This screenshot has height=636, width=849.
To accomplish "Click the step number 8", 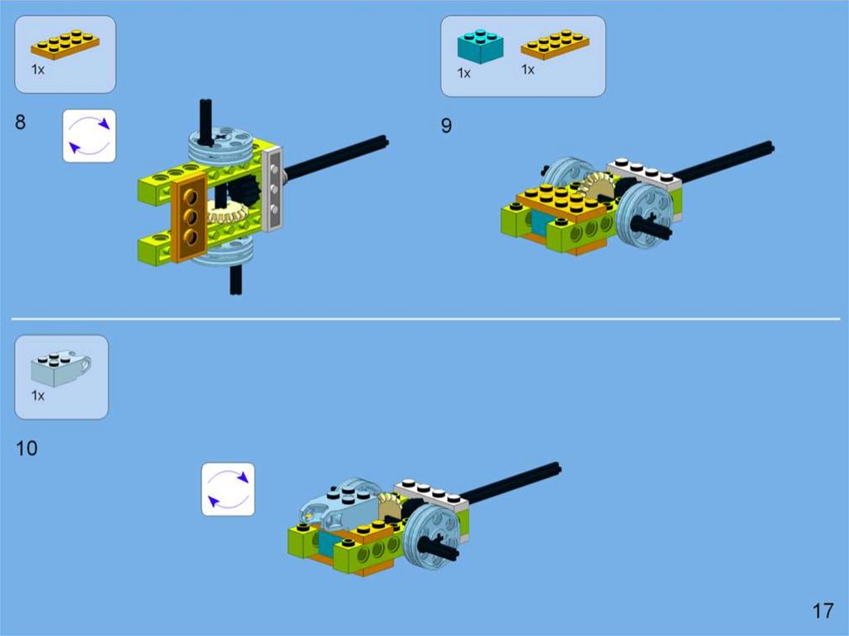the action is tap(20, 122).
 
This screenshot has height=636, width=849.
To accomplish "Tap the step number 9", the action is tap(446, 126).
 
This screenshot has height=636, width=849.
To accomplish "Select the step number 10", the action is tap(27, 449).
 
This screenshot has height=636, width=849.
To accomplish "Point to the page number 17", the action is tap(823, 611).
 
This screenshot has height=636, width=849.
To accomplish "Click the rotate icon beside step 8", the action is tap(90, 135).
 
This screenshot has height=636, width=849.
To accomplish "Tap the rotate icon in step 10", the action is tap(228, 489).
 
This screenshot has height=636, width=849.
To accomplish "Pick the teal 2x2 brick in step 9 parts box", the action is tap(480, 46).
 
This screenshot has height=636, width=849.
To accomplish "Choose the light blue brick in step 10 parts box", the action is tap(61, 368).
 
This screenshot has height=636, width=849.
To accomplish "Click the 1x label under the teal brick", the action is tap(464, 73).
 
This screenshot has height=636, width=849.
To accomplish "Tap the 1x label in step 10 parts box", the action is tap(38, 396).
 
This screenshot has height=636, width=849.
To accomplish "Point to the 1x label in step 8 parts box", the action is tap(38, 70).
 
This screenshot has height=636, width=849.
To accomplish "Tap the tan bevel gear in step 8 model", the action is tap(227, 212).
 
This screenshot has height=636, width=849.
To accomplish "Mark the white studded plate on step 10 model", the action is tap(431, 493).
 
